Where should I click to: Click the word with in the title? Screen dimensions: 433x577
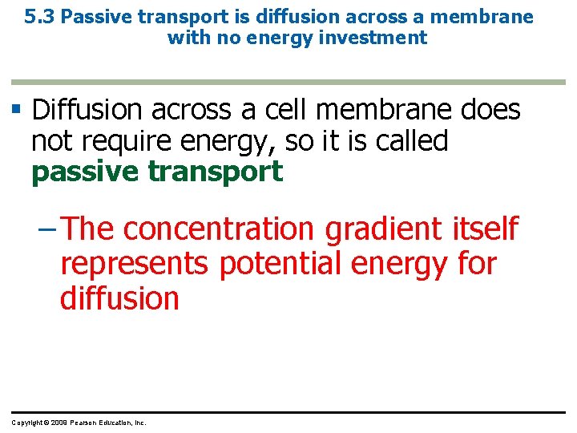(186, 38)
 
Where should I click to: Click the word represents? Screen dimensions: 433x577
(134, 265)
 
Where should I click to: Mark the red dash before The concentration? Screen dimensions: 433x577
(46, 229)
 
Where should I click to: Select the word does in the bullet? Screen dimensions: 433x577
(491, 109)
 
